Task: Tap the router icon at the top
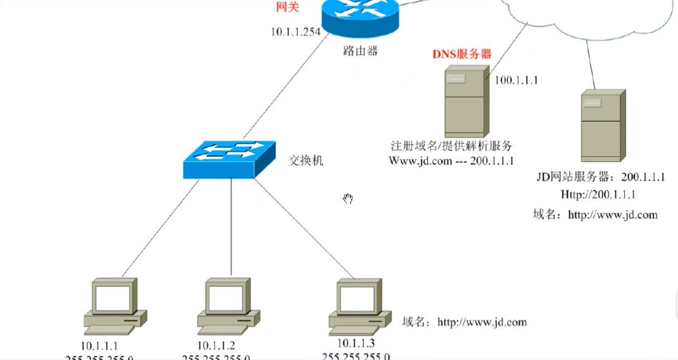360,18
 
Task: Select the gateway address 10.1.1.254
296,31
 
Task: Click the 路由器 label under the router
360,50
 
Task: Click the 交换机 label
306,161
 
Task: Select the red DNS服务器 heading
462,53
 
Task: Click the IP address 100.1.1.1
516,80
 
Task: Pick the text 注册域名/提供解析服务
452,146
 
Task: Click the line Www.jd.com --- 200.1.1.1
451,160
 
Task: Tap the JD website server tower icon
602,125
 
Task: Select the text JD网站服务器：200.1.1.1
601,178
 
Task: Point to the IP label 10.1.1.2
216,345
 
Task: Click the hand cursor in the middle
348,198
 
